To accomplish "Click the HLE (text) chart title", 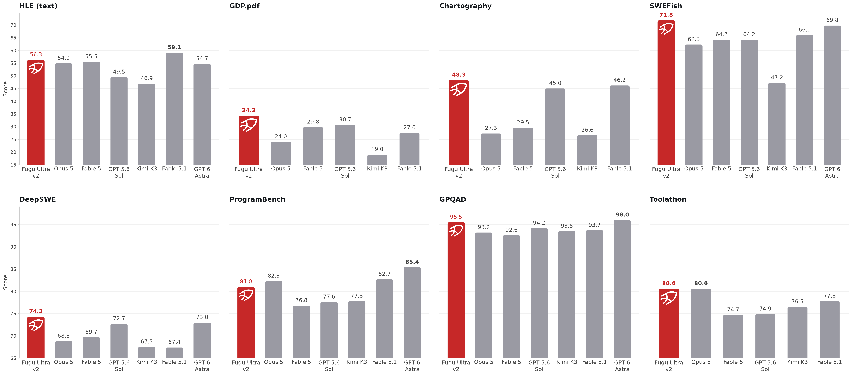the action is (38, 6).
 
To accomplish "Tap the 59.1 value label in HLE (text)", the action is (174, 47).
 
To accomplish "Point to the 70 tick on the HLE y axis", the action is (13, 25).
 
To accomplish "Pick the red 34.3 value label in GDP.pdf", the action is (249, 110).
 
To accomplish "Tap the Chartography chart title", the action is (465, 6).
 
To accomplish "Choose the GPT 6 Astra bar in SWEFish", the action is (832, 95).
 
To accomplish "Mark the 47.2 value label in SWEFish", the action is (777, 77).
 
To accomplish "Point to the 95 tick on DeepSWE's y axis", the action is (13, 225).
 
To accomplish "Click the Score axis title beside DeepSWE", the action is (5, 282).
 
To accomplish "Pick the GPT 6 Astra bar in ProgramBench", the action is (412, 313).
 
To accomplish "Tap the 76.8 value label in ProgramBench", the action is (301, 300).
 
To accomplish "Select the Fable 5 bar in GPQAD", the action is (511, 297).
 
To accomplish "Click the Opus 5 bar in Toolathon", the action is (701, 323).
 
